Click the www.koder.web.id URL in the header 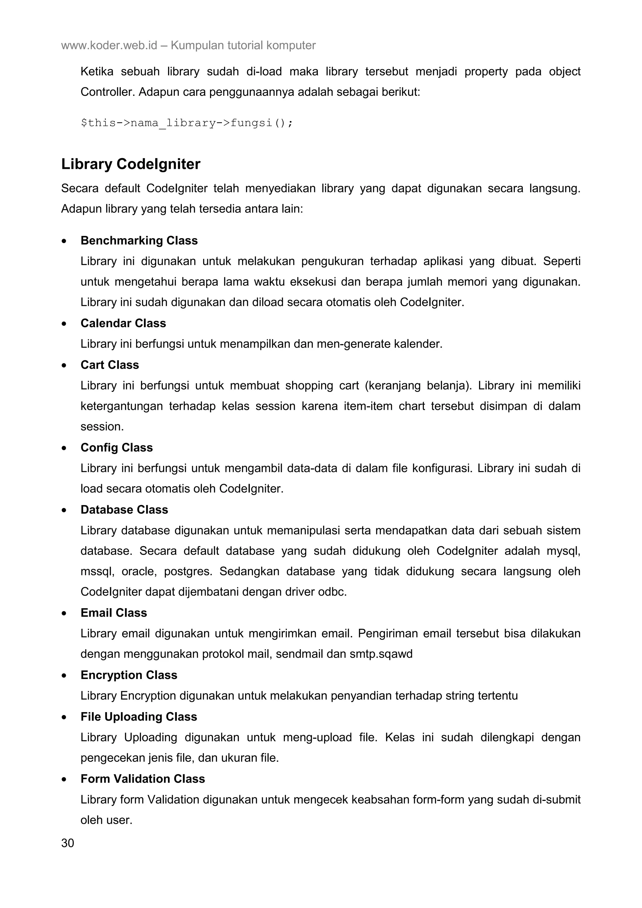click(x=109, y=45)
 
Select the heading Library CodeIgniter click(x=130, y=164)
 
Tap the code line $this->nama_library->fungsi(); click(x=187, y=123)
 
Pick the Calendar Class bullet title click(x=123, y=323)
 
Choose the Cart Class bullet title click(x=110, y=365)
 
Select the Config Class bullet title click(x=116, y=447)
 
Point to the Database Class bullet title click(x=124, y=509)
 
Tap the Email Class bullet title click(x=113, y=613)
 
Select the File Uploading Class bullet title click(x=139, y=717)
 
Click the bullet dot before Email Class click(x=64, y=613)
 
